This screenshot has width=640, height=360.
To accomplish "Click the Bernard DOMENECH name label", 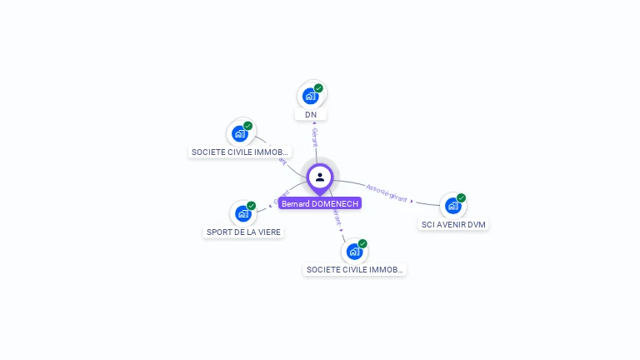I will click(320, 203).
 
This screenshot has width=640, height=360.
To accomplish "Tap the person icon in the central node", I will click(320, 177).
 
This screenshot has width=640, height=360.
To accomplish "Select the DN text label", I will click(311, 114).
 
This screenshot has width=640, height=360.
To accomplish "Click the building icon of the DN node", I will click(311, 96).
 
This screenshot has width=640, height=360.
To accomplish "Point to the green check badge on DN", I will click(318, 87).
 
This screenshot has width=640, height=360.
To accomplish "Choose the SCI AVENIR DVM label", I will click(453, 224).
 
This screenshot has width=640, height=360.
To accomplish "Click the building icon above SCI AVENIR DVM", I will click(452, 205).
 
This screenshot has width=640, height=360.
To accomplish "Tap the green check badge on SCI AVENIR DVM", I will click(461, 198).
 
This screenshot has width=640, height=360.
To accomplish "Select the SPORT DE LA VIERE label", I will click(243, 232).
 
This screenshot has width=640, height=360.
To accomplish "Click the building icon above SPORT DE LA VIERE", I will click(242, 213).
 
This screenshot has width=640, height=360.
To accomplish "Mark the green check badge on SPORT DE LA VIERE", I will click(251, 206).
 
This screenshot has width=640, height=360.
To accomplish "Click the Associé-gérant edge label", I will click(387, 193).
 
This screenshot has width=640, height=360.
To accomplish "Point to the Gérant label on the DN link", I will click(315, 138).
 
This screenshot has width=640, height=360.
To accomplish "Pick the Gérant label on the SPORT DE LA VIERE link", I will click(282, 198).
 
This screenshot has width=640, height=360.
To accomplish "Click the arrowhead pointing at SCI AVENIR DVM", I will click(412, 200).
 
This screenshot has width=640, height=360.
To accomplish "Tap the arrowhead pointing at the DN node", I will click(313, 123).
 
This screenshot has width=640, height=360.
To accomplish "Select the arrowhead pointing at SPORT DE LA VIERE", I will click(270, 206).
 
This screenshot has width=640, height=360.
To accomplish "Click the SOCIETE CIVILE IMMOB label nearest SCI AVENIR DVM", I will click(354, 269).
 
